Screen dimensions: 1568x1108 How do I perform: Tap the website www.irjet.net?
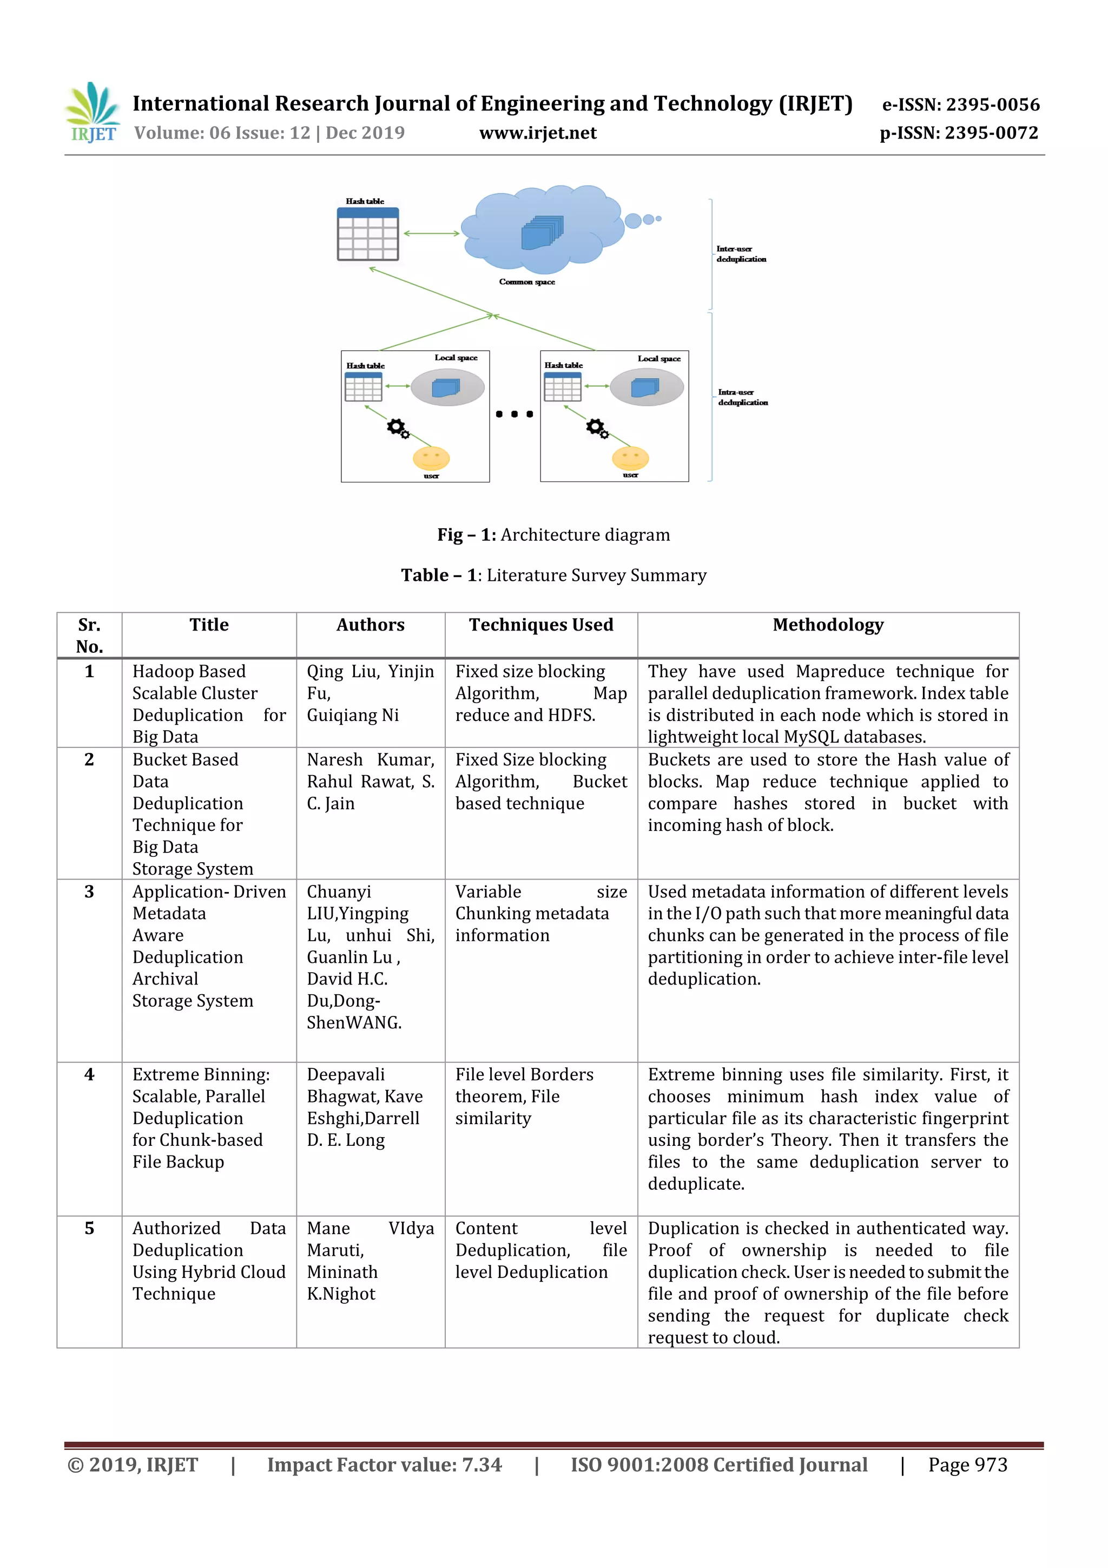point(537,133)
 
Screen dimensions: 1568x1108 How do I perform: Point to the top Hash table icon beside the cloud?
point(368,234)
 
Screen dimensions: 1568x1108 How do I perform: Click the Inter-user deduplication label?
point(741,254)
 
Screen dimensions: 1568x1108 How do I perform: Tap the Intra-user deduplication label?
point(742,397)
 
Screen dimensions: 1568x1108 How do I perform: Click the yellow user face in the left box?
point(431,457)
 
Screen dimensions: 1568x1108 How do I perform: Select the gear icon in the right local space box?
point(597,428)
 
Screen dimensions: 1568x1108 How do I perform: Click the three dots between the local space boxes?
point(514,414)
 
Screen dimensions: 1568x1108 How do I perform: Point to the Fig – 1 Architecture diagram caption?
point(553,535)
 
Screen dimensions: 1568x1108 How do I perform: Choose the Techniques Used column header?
point(540,625)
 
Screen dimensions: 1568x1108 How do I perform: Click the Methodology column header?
point(827,625)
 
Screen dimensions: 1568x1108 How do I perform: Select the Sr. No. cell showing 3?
point(89,892)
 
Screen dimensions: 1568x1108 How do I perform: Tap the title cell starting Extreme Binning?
point(201,1118)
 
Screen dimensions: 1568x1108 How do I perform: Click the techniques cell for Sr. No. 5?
point(540,1250)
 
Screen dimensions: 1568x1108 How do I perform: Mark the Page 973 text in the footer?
point(967,1465)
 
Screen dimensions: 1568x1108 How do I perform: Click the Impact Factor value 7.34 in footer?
point(384,1465)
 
